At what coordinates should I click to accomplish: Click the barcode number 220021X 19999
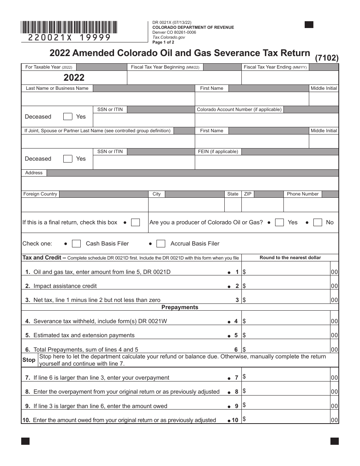[x=69, y=37]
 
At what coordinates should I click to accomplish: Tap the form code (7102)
[x=327, y=58]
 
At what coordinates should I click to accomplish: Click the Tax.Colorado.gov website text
[x=169, y=38]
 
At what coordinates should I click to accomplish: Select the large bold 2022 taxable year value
[x=74, y=78]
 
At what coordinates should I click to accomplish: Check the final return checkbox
[x=135, y=222]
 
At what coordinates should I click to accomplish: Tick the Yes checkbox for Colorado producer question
[x=279, y=222]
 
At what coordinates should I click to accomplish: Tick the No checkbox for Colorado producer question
[x=318, y=222]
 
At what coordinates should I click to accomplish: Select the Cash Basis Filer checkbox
[x=76, y=244]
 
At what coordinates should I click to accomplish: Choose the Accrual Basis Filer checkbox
[x=161, y=244]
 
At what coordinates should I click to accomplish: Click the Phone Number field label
[x=302, y=194]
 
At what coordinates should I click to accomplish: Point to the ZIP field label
[x=247, y=194]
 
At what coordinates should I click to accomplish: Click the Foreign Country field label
[x=40, y=194]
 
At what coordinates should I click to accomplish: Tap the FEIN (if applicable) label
[x=218, y=152]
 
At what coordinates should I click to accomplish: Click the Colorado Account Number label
[x=239, y=109]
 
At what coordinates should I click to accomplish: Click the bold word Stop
[x=29, y=360]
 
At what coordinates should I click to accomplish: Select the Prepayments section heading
[x=180, y=307]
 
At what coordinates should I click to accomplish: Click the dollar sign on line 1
[x=244, y=272]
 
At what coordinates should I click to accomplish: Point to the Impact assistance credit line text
[x=65, y=286]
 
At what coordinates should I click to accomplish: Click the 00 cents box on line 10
[x=334, y=420]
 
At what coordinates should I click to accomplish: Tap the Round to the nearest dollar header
[x=290, y=258]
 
